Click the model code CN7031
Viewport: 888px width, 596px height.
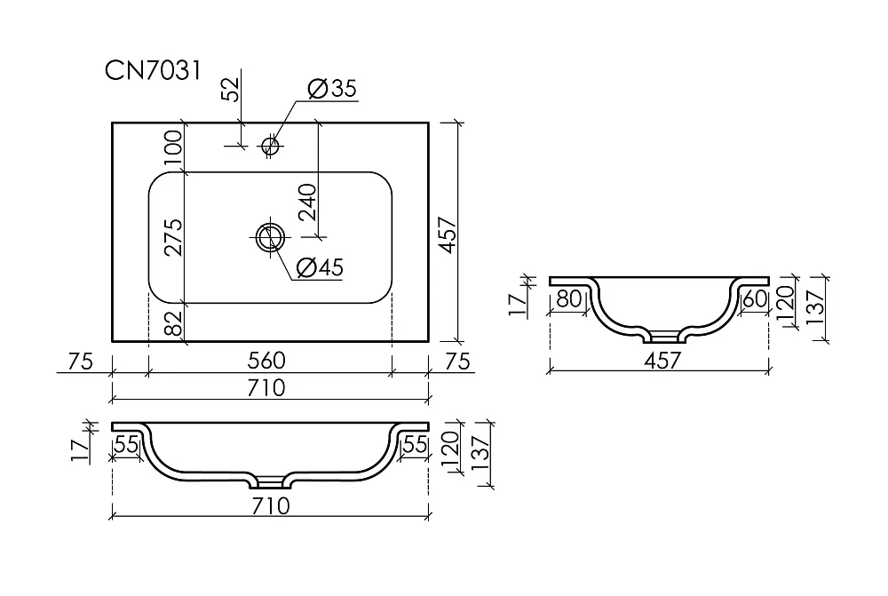tap(153, 71)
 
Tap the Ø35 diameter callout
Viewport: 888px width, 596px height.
tap(332, 89)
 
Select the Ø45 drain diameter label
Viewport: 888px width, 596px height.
tap(320, 267)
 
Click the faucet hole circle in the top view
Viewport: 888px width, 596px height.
tap(271, 147)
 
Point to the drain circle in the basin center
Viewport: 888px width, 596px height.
tap(270, 237)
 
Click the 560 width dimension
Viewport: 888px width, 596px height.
tap(266, 361)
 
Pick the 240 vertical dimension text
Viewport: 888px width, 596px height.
tap(307, 203)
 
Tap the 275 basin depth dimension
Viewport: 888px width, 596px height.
tap(174, 237)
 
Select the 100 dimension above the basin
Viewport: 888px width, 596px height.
tap(174, 147)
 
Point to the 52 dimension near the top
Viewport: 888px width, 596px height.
tap(231, 90)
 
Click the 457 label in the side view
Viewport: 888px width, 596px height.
tap(662, 361)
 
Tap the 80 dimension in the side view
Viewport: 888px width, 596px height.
tap(568, 298)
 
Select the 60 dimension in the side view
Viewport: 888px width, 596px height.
tap(755, 298)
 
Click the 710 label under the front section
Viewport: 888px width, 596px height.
tap(271, 505)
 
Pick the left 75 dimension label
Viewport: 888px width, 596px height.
tap(80, 362)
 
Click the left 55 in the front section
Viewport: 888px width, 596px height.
tap(126, 445)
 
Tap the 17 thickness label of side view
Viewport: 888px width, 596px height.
tap(519, 305)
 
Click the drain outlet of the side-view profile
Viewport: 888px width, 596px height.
tap(662, 338)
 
